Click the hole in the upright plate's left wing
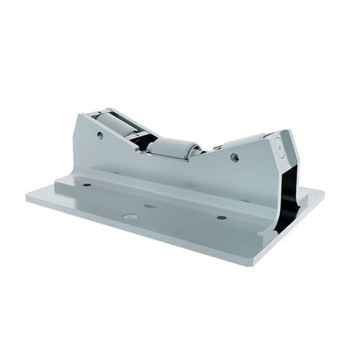(x=100, y=135)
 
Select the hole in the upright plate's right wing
(x=235, y=156)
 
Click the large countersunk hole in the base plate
(x=130, y=215)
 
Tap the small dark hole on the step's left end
(x=87, y=184)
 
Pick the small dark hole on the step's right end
(x=221, y=217)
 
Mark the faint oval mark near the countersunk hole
(x=150, y=206)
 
